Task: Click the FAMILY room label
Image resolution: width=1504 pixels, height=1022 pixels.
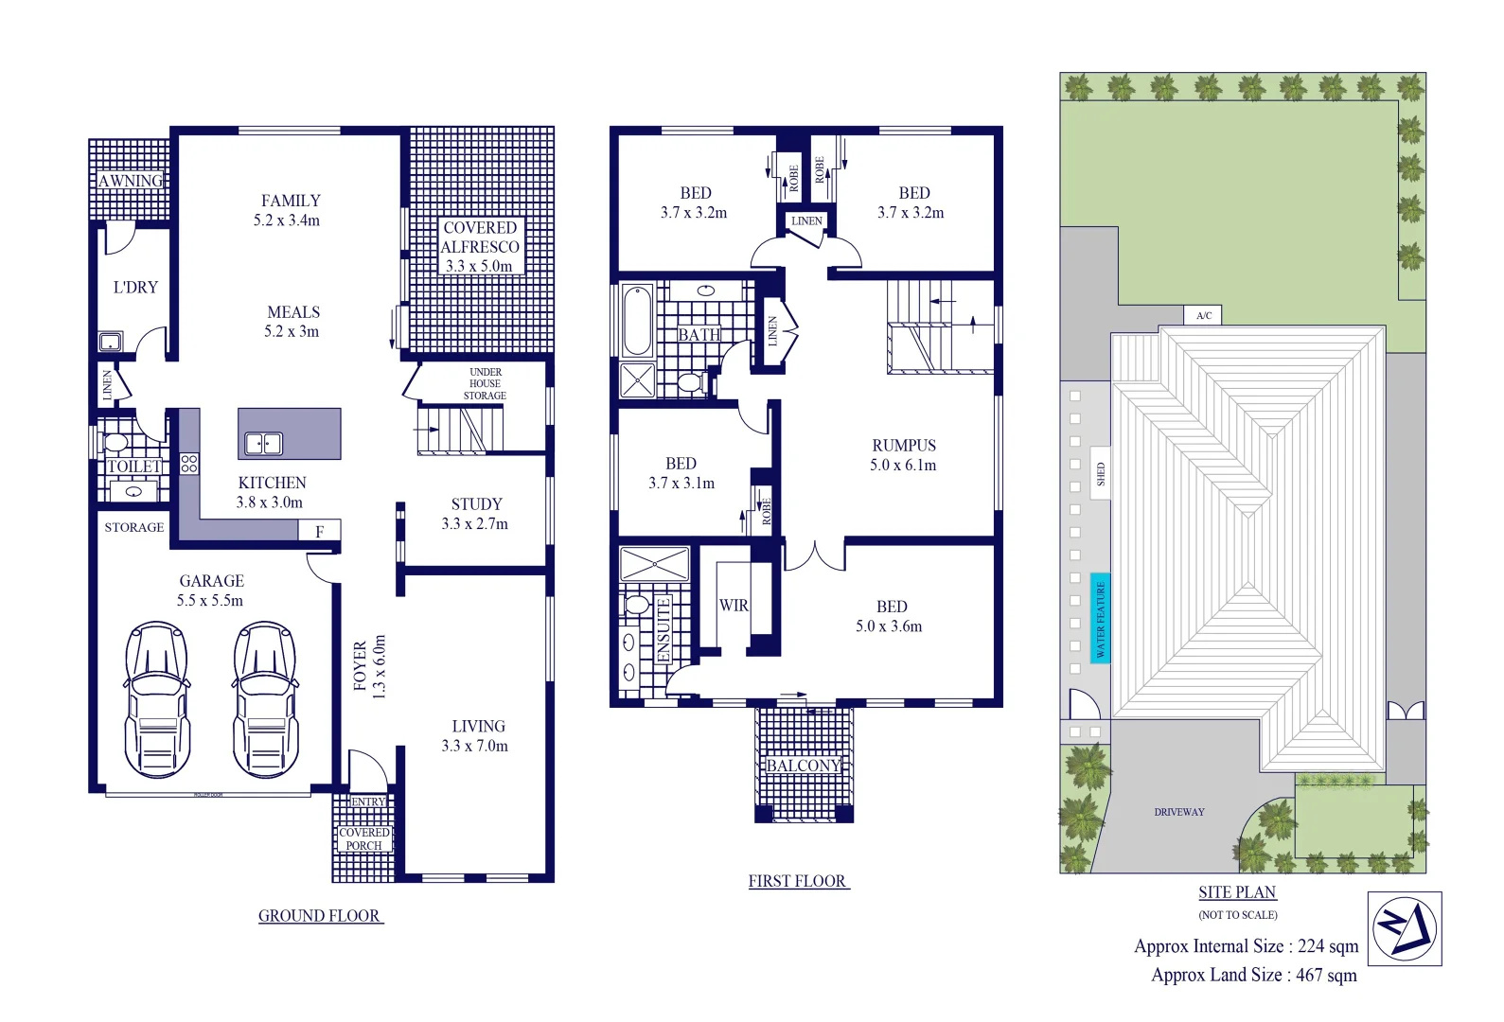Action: coord(291,201)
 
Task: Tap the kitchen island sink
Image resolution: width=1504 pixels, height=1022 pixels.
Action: coord(263,443)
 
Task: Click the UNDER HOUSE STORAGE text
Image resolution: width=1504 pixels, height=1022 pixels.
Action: coord(485,384)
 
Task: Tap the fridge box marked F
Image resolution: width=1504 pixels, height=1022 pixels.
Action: coord(319,531)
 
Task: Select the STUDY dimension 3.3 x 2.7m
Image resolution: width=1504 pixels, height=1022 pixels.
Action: coord(474,524)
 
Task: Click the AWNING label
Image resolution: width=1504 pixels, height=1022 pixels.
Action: coord(131,181)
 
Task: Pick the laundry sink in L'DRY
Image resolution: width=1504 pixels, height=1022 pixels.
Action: coord(110,342)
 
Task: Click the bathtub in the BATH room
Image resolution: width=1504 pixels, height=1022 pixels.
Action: coord(636,320)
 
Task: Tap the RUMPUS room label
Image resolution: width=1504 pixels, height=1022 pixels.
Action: coord(904,445)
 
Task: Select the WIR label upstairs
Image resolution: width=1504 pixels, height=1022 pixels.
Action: coord(734,606)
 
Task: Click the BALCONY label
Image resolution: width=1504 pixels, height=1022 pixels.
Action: coord(804,766)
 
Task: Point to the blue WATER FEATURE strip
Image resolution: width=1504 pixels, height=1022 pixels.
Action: coord(1100,618)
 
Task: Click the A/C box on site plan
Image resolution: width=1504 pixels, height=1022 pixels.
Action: coord(1203,315)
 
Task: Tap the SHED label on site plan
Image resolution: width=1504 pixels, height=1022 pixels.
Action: coord(1100,473)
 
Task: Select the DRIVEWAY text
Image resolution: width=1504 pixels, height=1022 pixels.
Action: coord(1179,812)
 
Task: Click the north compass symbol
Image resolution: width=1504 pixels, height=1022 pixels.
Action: coord(1405,928)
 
